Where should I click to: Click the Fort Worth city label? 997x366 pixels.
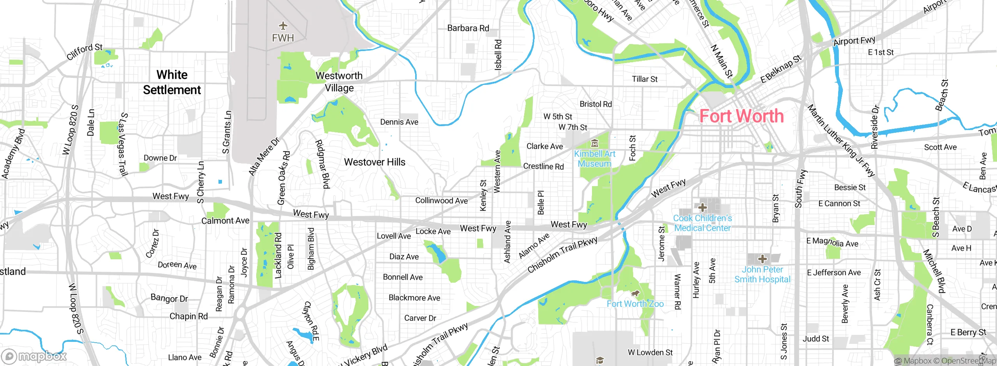(x=742, y=116)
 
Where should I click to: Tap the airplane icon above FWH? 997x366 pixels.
(x=283, y=26)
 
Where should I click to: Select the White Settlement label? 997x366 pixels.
(x=172, y=82)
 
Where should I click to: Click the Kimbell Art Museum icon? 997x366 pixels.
(x=594, y=143)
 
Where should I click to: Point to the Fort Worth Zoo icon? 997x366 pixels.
(x=635, y=294)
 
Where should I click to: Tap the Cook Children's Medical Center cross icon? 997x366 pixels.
(x=703, y=207)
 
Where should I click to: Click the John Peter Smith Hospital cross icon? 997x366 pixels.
(x=762, y=259)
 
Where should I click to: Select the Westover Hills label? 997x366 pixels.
(x=375, y=162)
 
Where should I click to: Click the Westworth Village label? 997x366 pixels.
(x=339, y=82)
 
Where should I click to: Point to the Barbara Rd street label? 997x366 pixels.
(x=468, y=28)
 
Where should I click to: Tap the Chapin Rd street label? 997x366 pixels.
(x=188, y=316)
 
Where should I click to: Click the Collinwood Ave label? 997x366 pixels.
(x=441, y=201)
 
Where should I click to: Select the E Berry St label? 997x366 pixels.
(x=968, y=332)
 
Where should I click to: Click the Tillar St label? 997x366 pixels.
(x=645, y=79)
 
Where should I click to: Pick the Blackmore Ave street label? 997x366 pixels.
(x=414, y=298)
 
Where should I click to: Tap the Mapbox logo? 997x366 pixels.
(x=34, y=356)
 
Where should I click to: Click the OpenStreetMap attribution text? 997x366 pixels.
(x=968, y=361)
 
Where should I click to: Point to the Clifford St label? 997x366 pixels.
(x=85, y=52)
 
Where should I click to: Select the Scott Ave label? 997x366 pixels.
(x=940, y=147)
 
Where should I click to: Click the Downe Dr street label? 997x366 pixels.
(x=160, y=158)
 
